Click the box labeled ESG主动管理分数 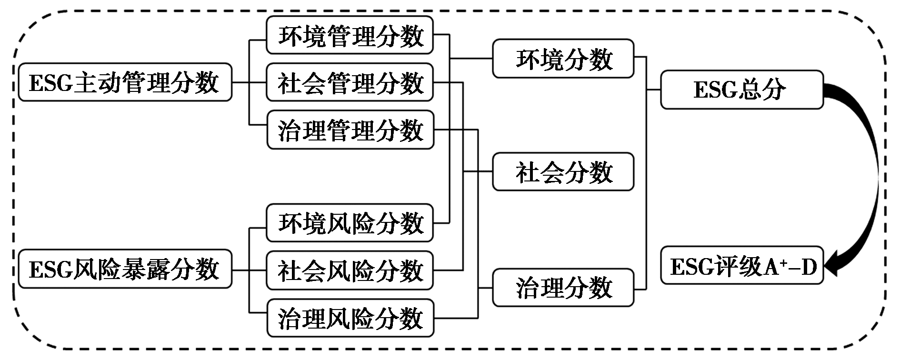(125, 82)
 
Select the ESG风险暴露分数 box (125, 270)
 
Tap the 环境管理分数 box (350, 35)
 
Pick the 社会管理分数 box (350, 82)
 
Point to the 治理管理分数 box (350, 130)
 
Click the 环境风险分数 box (350, 223)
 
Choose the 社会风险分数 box (350, 270)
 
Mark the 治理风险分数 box (350, 318)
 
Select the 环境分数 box (563, 59)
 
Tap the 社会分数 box (563, 172)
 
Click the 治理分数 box (563, 288)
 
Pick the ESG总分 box (742, 90)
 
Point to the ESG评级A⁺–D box (742, 266)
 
